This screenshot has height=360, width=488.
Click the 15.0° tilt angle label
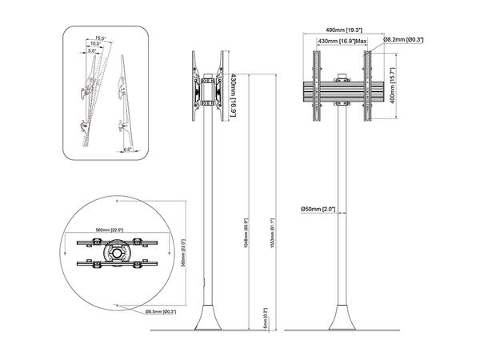[x=100, y=38]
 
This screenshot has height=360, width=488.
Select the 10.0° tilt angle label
[x=96, y=44]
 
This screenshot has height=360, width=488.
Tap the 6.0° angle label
[x=127, y=149]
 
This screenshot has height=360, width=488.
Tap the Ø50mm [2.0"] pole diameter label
[x=318, y=210]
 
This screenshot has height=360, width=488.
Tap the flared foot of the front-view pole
[x=343, y=317]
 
